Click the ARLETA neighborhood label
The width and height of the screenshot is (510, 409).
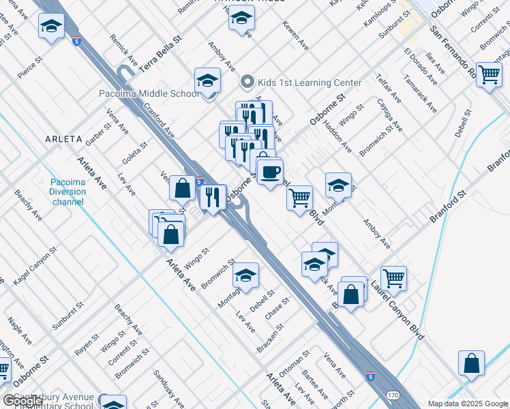[63, 139]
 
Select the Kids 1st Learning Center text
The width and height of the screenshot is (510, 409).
[308, 82]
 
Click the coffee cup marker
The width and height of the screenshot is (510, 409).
[270, 171]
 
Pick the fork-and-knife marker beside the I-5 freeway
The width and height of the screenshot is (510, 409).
[212, 197]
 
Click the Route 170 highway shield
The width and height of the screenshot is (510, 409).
[393, 395]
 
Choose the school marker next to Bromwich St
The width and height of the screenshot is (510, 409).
[245, 276]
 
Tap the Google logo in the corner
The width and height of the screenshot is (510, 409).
[22, 401]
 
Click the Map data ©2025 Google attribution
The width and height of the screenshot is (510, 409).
[468, 404]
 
